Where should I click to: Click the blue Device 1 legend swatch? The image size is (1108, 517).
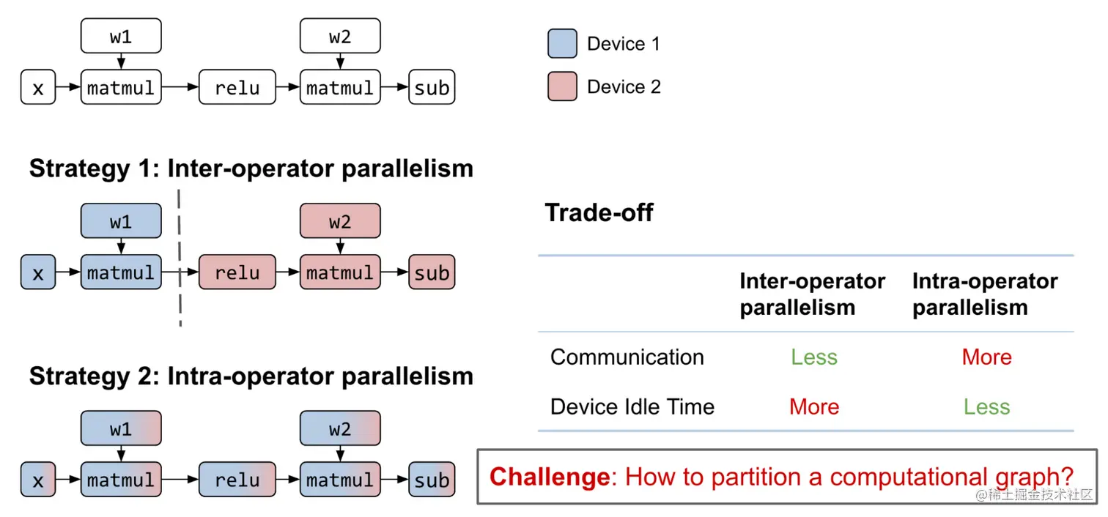pos(563,44)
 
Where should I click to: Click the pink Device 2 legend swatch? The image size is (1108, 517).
pos(563,86)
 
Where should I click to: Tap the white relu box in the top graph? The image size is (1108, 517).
pos(237,88)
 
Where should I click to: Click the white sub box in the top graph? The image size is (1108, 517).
pos(432,88)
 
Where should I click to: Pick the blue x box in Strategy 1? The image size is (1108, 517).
pos(38,272)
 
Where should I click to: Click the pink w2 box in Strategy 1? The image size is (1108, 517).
pos(340,221)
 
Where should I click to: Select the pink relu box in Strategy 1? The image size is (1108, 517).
pos(237,272)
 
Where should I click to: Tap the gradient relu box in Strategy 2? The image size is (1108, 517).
pos(237,480)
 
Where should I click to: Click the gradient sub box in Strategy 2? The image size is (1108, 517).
pos(432,480)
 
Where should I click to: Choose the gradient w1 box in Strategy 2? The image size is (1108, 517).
pos(121,428)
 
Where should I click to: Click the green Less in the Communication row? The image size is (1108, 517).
pos(813,357)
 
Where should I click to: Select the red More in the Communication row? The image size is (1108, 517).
pos(986,357)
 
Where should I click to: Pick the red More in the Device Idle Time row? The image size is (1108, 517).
pos(813,407)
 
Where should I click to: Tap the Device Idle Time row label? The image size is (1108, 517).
pos(632,407)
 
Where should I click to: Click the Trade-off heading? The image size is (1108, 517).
pos(599,213)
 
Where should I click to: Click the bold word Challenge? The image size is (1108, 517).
pos(549,477)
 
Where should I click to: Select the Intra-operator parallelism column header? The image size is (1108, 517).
pos(984,294)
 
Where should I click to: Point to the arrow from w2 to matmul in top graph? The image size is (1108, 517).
pos(340,62)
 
